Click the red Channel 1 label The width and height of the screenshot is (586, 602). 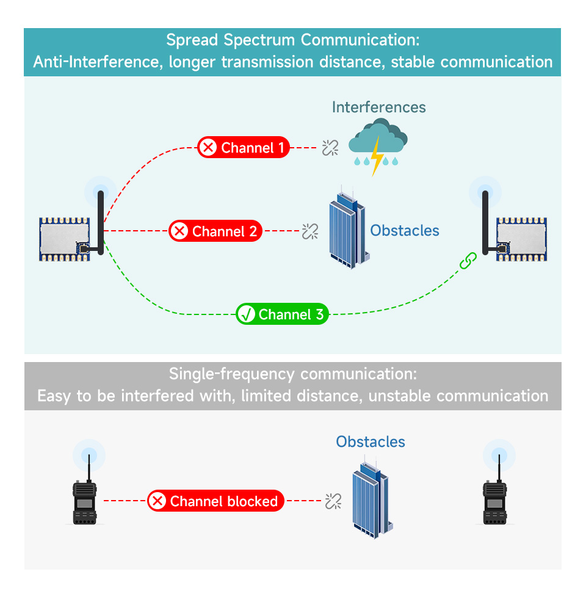[244, 147]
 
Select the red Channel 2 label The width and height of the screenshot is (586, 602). [215, 231]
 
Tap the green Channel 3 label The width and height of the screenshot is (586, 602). [283, 314]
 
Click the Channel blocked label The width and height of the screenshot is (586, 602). [215, 501]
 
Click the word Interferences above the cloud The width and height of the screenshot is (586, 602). [379, 107]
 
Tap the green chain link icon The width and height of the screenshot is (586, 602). [468, 261]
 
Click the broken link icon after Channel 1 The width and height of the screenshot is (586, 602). [330, 148]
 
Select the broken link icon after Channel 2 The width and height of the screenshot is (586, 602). [310, 231]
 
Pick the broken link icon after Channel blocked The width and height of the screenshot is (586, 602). [333, 501]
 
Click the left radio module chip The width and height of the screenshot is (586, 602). [65, 239]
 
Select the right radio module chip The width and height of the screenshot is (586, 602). [521, 239]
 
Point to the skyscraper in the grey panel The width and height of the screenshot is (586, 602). [372, 498]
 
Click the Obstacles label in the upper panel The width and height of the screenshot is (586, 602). [405, 230]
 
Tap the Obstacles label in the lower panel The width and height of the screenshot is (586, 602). [371, 441]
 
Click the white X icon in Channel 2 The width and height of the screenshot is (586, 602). [179, 231]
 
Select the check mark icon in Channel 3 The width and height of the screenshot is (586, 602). [246, 314]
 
